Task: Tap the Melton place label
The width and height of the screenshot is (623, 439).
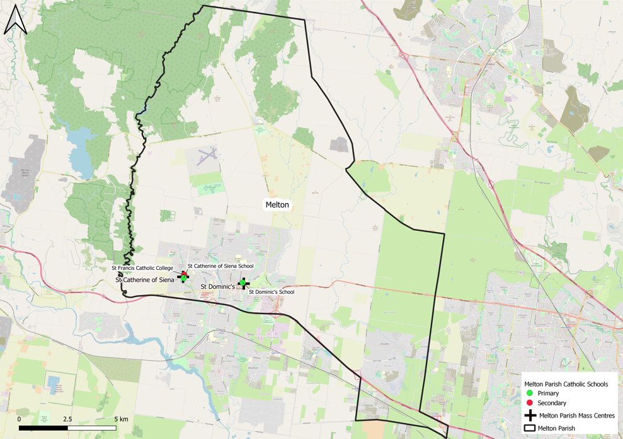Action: click(277, 205)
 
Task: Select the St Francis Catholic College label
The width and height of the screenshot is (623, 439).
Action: click(142, 268)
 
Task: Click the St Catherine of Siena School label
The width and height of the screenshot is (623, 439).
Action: click(220, 266)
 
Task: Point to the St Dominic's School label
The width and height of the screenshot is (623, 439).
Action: click(271, 292)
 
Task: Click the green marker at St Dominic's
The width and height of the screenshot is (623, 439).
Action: click(243, 284)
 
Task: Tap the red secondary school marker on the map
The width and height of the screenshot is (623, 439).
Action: click(185, 274)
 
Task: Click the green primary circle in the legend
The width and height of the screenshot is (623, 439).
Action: click(530, 393)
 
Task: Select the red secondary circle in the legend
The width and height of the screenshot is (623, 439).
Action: click(530, 403)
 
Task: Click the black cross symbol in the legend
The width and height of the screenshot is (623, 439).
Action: click(530, 416)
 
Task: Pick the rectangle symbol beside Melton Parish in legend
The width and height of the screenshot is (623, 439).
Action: click(530, 428)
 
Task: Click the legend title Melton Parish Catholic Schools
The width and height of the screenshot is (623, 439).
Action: click(566, 383)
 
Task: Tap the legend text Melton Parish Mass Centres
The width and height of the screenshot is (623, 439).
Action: click(577, 416)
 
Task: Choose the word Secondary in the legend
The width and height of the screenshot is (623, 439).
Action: click(552, 403)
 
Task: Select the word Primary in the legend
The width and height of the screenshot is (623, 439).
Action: click(548, 393)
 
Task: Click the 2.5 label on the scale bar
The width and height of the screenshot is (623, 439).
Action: click(67, 419)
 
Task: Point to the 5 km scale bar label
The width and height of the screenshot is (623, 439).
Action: click(121, 419)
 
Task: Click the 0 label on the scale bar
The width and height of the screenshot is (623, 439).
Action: click(19, 419)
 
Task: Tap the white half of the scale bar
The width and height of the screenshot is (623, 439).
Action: click(91, 428)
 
